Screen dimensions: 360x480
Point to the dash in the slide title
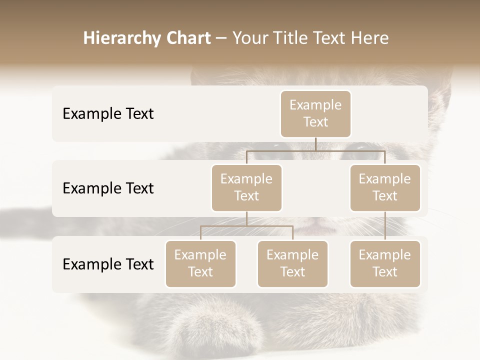(x=221, y=38)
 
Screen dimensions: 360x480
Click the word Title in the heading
(x=293, y=38)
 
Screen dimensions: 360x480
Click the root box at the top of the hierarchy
(x=315, y=114)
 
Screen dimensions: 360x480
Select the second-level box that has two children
(x=246, y=188)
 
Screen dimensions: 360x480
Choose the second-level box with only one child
(x=385, y=188)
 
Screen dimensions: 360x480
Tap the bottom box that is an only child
(x=385, y=264)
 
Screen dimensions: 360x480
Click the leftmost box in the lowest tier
(x=200, y=264)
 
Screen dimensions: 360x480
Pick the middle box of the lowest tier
(x=292, y=264)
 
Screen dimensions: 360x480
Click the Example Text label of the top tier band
(x=108, y=114)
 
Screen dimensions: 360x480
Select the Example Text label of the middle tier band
(x=108, y=188)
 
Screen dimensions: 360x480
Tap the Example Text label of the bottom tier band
(x=108, y=264)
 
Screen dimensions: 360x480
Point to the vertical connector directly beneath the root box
(x=315, y=144)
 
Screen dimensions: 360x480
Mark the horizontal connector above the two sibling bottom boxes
(x=246, y=226)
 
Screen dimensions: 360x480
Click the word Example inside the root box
(x=315, y=105)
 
